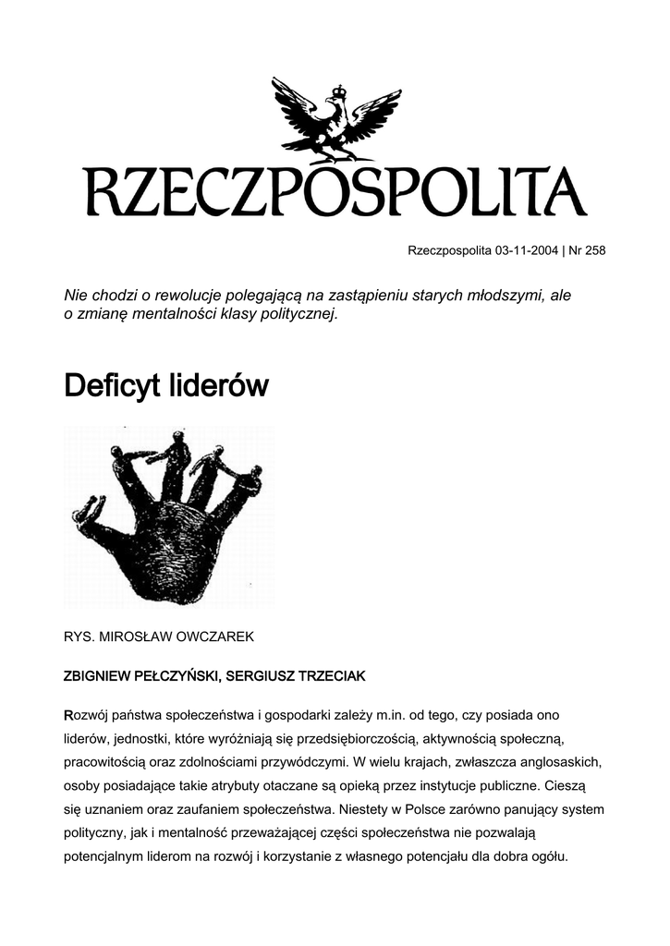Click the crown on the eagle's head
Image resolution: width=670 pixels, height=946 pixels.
coord(339,91)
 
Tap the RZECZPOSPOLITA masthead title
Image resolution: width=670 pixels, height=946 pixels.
coord(335,191)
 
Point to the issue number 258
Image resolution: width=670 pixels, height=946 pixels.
coord(594,250)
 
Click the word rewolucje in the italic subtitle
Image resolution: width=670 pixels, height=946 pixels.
coord(198,295)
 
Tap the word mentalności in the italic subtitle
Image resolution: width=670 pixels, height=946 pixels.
coord(194,314)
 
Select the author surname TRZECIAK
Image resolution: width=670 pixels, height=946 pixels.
coord(327,676)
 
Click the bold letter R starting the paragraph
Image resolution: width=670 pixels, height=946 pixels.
coord(67,716)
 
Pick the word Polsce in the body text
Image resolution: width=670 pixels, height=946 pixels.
coord(428,809)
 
